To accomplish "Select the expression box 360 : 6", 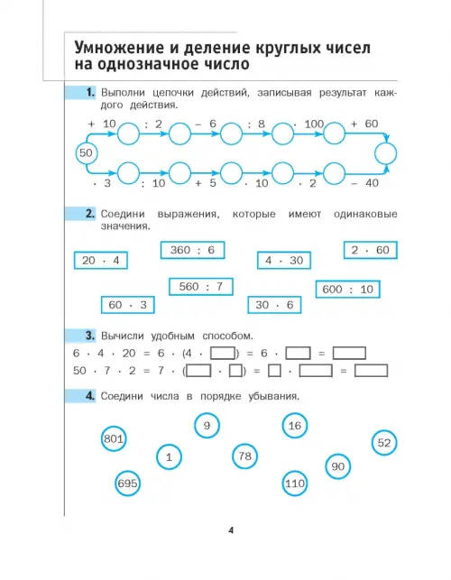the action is click(192, 251).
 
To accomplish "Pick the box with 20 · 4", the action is click(101, 261).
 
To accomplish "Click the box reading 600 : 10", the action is click(348, 290).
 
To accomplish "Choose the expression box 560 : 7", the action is click(201, 287).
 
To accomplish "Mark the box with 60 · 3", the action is click(128, 305).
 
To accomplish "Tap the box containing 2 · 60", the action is click(371, 250).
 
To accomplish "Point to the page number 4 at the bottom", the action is click(231, 530).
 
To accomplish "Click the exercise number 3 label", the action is click(90, 336).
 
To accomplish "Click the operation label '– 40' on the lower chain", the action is click(364, 183).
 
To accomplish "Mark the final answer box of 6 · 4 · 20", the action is click(349, 354).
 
